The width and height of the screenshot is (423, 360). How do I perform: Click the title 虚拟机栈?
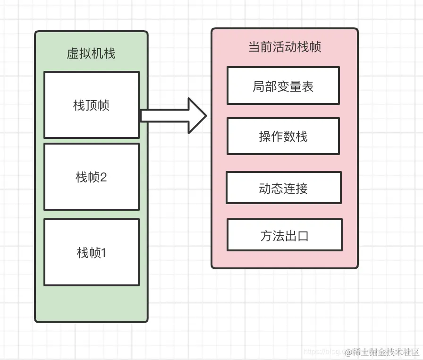point(91,53)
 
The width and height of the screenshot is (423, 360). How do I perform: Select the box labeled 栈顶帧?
point(91,105)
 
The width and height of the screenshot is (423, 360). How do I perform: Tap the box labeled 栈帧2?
point(91,177)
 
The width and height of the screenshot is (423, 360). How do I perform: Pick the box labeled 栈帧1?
point(91,252)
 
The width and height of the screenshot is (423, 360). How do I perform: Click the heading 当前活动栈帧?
point(285,47)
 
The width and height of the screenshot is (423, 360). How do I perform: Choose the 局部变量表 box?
point(283,86)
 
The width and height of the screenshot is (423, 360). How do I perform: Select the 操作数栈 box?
point(283,136)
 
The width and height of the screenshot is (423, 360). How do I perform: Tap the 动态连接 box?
point(283,188)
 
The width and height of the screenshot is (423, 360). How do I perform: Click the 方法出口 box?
point(284,235)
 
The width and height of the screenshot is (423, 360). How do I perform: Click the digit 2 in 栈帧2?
point(103,177)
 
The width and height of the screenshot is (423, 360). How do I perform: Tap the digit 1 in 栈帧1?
point(103,253)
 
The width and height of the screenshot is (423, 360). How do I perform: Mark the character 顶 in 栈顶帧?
point(91,105)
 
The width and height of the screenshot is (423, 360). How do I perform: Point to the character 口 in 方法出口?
point(303,235)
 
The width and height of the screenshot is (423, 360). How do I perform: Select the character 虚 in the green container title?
point(73,53)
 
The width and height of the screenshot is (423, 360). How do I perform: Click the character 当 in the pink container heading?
point(254,47)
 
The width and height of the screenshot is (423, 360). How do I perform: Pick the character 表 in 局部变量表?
point(307,86)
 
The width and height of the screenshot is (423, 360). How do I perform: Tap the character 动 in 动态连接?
point(265,189)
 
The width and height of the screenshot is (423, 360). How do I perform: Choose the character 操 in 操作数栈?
point(265,137)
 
